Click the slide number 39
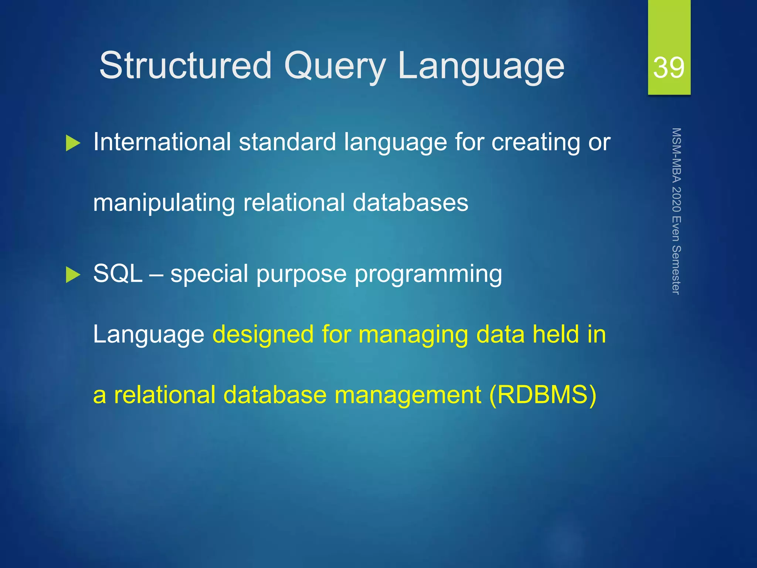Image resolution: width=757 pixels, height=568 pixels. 669,67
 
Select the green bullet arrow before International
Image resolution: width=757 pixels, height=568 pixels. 73,143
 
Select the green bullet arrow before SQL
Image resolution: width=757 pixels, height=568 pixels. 73,275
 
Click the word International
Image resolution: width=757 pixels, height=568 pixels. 162,142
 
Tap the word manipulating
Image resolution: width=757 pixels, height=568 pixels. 164,203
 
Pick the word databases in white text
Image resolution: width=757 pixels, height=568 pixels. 410,203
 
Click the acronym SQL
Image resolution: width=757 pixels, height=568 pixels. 118,274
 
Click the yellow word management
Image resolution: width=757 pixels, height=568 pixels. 407,395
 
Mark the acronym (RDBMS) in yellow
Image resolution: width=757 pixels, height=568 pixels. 542,395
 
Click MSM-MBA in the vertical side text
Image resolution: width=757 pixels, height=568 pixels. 676,155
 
